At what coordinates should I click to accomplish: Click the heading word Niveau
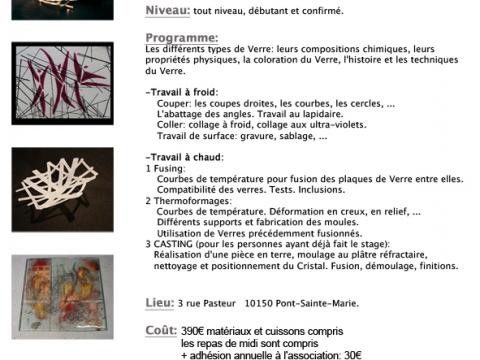[x=167, y=11]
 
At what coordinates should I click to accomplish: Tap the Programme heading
[x=182, y=36]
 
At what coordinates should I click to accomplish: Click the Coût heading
[x=160, y=330]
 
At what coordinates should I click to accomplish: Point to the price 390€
[x=198, y=331]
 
